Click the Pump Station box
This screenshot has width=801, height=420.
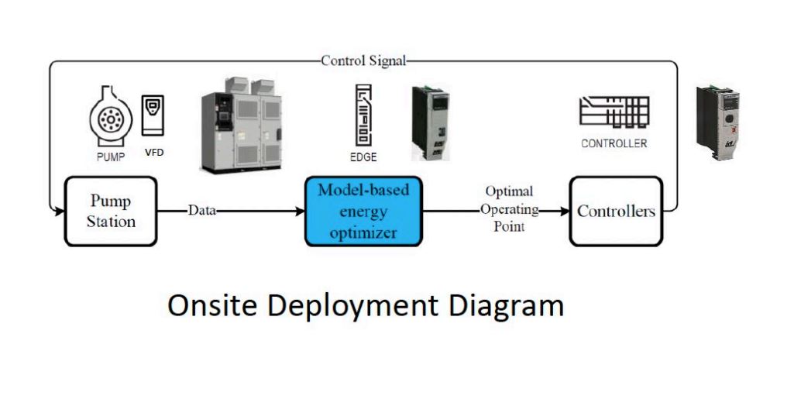pyautogui.click(x=110, y=211)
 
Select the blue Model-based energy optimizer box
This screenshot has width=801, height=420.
pyautogui.click(x=363, y=211)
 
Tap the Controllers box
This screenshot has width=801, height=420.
pyautogui.click(x=616, y=211)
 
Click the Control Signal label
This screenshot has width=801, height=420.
pyautogui.click(x=363, y=61)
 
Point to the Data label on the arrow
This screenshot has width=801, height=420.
pyautogui.click(x=201, y=211)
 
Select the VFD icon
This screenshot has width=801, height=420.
pyautogui.click(x=153, y=115)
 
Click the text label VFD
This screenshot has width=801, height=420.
pyautogui.click(x=154, y=153)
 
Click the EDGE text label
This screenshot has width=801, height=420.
pyautogui.click(x=363, y=157)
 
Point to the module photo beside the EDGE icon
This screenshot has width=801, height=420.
pyautogui.click(x=430, y=122)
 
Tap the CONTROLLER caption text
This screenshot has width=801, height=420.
pyautogui.click(x=614, y=143)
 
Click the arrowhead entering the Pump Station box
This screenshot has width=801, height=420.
pyautogui.click(x=59, y=211)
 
